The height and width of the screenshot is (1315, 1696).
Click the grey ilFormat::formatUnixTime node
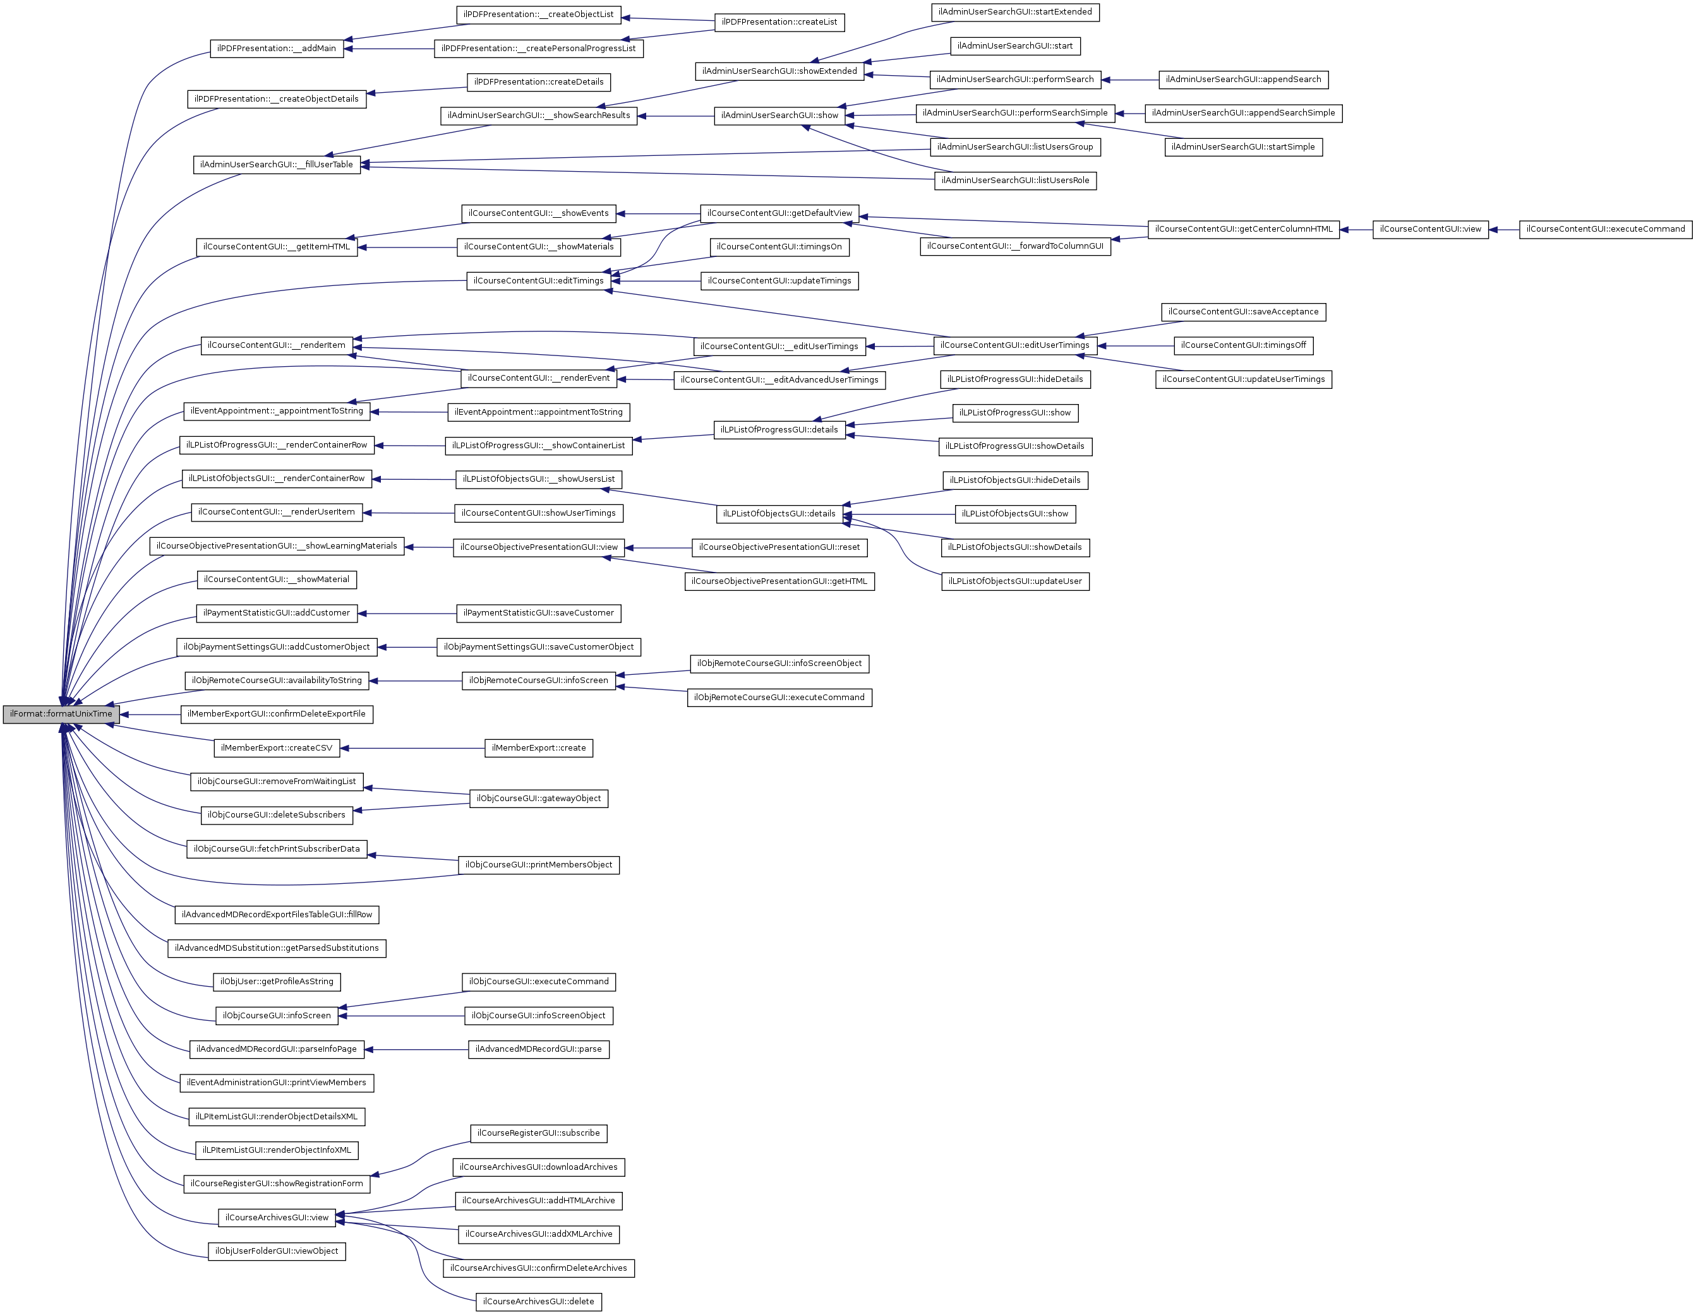click(x=61, y=714)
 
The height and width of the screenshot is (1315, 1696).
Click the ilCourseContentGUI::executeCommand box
click(x=1605, y=230)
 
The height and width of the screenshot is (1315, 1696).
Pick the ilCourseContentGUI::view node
click(x=1431, y=230)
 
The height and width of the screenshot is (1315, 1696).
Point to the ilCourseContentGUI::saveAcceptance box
click(x=1243, y=312)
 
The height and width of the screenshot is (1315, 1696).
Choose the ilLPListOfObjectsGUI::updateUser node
click(x=1015, y=581)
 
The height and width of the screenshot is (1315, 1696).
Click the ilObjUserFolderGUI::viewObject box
click(x=277, y=1251)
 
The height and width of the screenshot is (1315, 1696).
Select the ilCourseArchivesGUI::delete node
click(x=538, y=1302)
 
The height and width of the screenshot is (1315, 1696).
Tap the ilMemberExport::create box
click(x=539, y=748)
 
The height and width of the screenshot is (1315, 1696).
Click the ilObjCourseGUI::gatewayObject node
click(x=539, y=799)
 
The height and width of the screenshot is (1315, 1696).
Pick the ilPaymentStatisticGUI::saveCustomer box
click(x=538, y=613)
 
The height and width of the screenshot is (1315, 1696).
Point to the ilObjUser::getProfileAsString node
click(x=277, y=982)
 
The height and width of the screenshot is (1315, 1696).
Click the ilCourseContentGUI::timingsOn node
click(x=779, y=247)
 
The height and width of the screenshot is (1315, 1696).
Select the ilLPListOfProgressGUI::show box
click(x=1015, y=413)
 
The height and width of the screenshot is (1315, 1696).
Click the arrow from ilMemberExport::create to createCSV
click(x=412, y=748)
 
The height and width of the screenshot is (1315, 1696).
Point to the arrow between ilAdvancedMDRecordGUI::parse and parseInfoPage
click(x=416, y=1049)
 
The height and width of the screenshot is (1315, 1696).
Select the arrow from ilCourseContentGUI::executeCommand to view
click(x=1504, y=230)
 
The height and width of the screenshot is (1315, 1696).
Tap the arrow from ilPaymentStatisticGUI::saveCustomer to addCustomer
click(x=407, y=613)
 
